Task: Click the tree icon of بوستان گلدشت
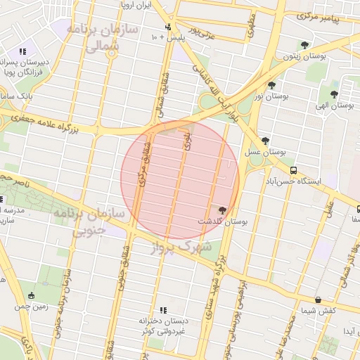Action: [x=223, y=210]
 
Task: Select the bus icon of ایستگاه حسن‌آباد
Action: [x=293, y=170]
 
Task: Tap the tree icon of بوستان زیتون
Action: [x=304, y=45]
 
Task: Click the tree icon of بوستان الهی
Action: [x=333, y=94]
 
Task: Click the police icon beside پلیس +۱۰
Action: [x=167, y=27]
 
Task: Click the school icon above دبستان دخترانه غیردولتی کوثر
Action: [x=163, y=310]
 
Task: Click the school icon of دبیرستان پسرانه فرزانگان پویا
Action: [x=23, y=51]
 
